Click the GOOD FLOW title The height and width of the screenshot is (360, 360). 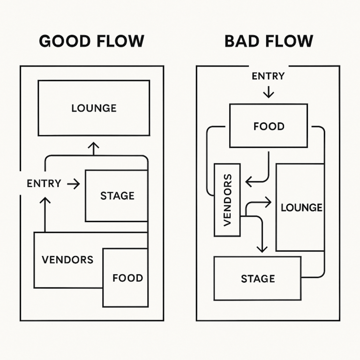[91, 41]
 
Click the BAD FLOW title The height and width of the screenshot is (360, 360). [269, 41]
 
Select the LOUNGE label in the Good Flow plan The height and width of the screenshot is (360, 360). [94, 108]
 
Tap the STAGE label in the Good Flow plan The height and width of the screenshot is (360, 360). [117, 196]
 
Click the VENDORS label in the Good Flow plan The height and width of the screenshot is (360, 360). [67, 260]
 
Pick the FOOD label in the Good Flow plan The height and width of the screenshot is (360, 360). [127, 278]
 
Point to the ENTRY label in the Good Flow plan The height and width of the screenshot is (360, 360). [44, 184]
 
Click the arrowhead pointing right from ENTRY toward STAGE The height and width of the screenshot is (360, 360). [77, 184]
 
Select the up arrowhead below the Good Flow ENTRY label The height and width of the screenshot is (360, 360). [45, 200]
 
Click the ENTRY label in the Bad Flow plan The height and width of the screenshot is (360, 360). [268, 76]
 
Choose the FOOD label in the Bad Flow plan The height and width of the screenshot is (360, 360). [269, 127]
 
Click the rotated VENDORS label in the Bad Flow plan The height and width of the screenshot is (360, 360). [227, 200]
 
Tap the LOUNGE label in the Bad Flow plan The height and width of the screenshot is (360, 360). [301, 207]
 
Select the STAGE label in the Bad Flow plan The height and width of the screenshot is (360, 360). [258, 279]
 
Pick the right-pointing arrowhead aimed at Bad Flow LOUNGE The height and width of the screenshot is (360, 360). [269, 202]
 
